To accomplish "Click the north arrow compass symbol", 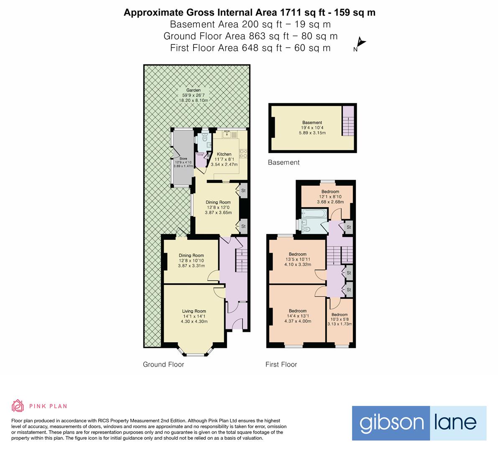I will tap(360, 44).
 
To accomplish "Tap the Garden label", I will tap(194, 90).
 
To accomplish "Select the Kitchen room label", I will tap(224, 154).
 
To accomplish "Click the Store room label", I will tap(183, 159).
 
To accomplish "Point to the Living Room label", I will tap(194, 311).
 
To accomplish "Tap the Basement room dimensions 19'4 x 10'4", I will tap(312, 128).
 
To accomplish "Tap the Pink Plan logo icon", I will tap(18, 406).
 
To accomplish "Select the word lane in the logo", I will tap(458, 423).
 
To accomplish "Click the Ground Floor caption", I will tap(163, 365).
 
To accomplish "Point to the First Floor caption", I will tap(281, 365).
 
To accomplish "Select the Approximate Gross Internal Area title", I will tap(249, 13).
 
